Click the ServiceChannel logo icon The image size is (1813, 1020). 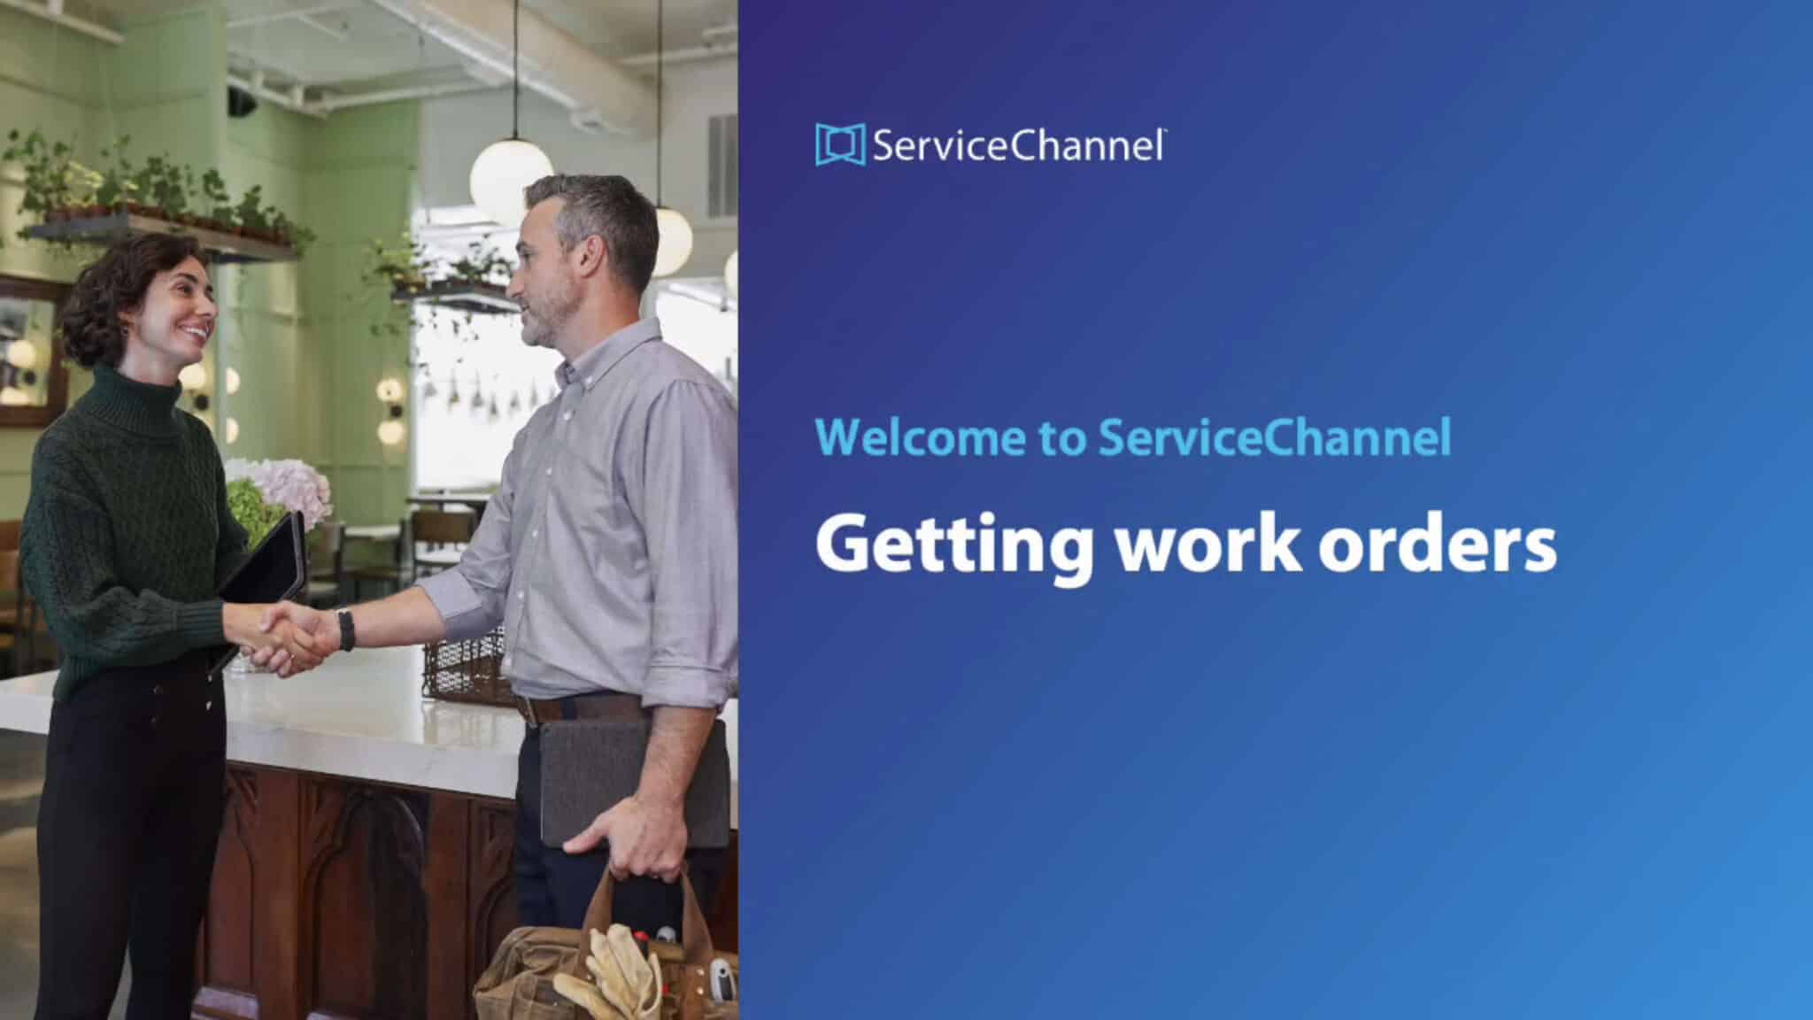(839, 145)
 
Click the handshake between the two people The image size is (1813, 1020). (283, 636)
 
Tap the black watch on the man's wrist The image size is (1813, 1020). (345, 630)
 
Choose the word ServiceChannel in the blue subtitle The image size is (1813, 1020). (1275, 437)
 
